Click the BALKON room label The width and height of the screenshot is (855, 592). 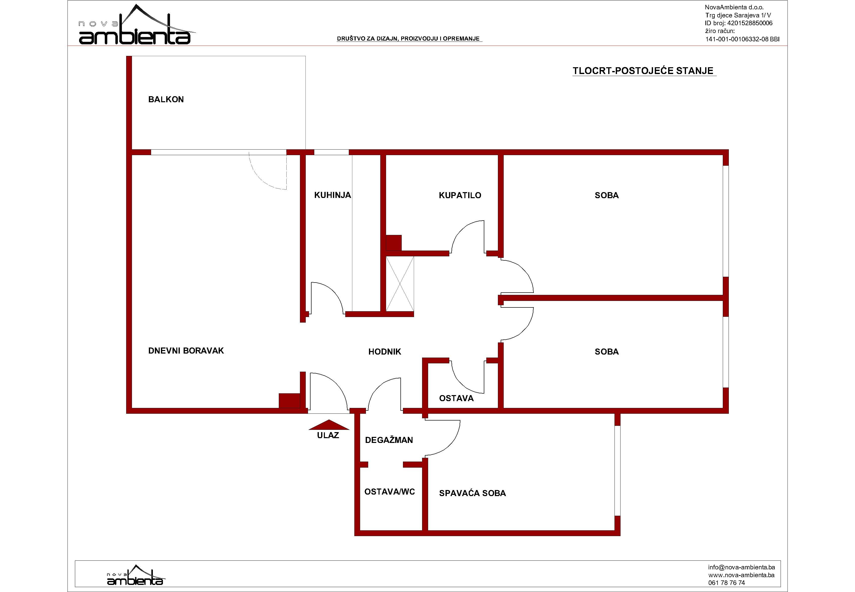[166, 99]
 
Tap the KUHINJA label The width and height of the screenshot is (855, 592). [332, 195]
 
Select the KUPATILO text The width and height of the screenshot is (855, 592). [460, 195]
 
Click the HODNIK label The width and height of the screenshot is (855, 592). [385, 352]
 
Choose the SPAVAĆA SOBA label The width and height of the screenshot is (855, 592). [472, 493]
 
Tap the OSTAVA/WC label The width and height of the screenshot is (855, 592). [390, 492]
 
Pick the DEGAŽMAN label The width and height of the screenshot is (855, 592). [389, 440]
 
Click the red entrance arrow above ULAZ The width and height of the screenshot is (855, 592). [329, 425]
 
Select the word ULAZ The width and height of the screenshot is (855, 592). [328, 435]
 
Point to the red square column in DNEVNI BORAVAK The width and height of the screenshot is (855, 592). [289, 401]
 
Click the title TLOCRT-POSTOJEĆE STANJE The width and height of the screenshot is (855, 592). [643, 71]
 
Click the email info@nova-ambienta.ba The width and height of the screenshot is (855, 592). [741, 567]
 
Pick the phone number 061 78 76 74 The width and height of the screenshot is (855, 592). [726, 583]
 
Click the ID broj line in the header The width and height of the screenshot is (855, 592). [739, 23]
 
